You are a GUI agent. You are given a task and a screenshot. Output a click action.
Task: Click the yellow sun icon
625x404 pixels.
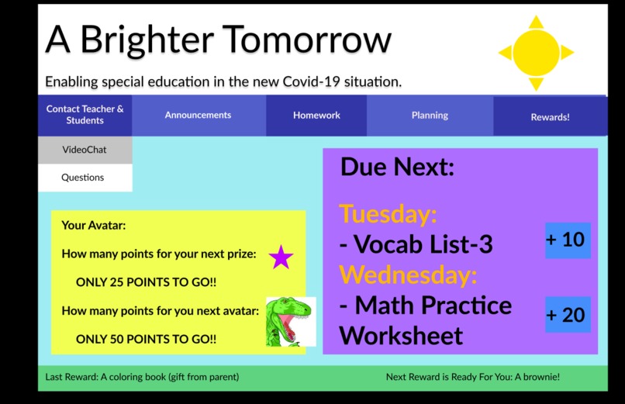pyautogui.click(x=536, y=52)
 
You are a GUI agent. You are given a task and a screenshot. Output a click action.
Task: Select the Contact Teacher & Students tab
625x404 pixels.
pyautogui.click(x=85, y=115)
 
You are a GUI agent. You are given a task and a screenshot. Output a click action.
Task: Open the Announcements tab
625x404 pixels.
pyautogui.click(x=198, y=115)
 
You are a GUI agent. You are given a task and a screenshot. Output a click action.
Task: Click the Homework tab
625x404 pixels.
pyautogui.click(x=316, y=115)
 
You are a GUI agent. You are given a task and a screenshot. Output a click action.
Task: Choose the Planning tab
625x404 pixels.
pyautogui.click(x=430, y=115)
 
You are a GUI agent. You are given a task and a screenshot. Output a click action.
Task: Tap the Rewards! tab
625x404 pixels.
pyautogui.click(x=550, y=117)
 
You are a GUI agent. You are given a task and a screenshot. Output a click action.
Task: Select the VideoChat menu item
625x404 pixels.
pyautogui.click(x=85, y=150)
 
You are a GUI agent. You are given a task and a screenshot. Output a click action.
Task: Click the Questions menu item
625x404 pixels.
pyautogui.click(x=83, y=178)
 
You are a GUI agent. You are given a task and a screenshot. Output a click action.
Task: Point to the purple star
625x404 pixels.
pyautogui.click(x=281, y=257)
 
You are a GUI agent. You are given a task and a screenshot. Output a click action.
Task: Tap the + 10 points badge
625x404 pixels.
pyautogui.click(x=567, y=240)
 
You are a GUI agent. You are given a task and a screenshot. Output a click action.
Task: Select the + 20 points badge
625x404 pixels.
pyautogui.click(x=567, y=315)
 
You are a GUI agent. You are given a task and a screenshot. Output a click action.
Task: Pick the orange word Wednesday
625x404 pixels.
pyautogui.click(x=409, y=275)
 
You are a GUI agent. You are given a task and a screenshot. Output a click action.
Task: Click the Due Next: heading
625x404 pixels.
pyautogui.click(x=397, y=167)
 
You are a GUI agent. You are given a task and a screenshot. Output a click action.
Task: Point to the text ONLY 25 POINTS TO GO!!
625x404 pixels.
pyautogui.click(x=146, y=283)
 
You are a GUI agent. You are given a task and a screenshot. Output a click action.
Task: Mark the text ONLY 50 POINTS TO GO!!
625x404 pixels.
pyautogui.click(x=146, y=340)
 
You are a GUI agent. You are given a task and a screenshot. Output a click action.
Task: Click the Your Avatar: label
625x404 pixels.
pyautogui.click(x=93, y=226)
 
